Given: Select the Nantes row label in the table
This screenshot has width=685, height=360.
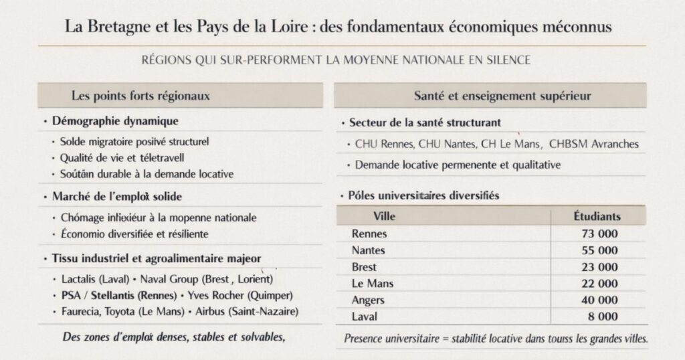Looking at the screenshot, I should tap(369, 251).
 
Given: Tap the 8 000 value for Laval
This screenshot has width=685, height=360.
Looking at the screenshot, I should tap(602, 317).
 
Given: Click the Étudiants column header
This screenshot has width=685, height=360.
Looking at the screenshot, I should tap(597, 216).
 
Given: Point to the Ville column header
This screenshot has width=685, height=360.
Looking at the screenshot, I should tap(383, 216).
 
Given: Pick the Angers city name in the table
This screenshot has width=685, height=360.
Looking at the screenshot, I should tap(368, 300).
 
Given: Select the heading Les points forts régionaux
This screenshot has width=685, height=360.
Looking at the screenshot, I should tap(140, 96).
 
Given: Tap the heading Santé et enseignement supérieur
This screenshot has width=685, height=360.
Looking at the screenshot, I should tap(502, 96).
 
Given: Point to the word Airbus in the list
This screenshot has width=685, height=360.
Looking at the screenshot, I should tap(211, 312).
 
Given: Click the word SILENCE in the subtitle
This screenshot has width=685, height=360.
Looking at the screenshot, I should tap(506, 60).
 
